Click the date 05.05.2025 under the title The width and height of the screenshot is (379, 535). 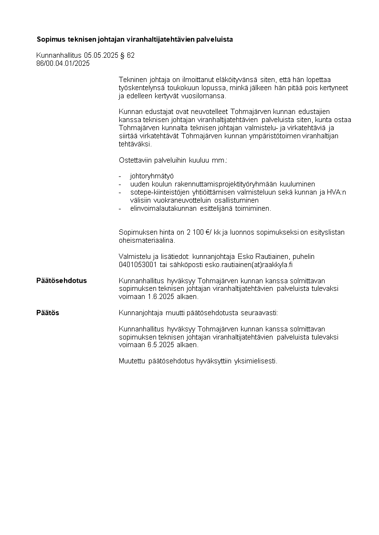(101, 55)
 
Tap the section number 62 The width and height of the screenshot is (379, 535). (131, 55)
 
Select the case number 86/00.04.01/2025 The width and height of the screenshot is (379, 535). (63, 63)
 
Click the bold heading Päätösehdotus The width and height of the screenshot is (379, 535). (62, 280)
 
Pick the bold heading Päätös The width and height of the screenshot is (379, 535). (48, 313)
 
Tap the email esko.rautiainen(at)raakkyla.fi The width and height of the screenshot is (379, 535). (245, 264)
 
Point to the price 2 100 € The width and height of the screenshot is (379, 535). (189, 232)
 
